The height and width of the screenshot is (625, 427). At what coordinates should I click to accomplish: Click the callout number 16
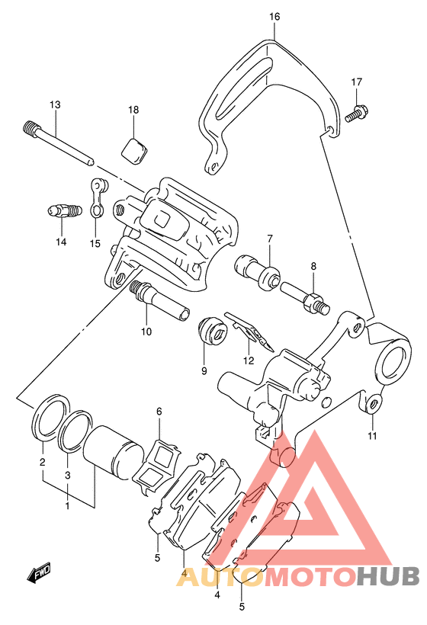[x=274, y=17]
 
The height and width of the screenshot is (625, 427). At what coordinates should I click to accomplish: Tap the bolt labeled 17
[x=357, y=112]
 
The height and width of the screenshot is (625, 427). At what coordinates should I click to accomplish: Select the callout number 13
[x=55, y=105]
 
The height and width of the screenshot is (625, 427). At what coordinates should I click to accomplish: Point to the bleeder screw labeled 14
[x=64, y=210]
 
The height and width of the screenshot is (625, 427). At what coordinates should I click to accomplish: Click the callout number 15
[x=95, y=243]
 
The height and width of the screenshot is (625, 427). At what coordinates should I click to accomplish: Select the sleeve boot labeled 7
[x=257, y=271]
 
